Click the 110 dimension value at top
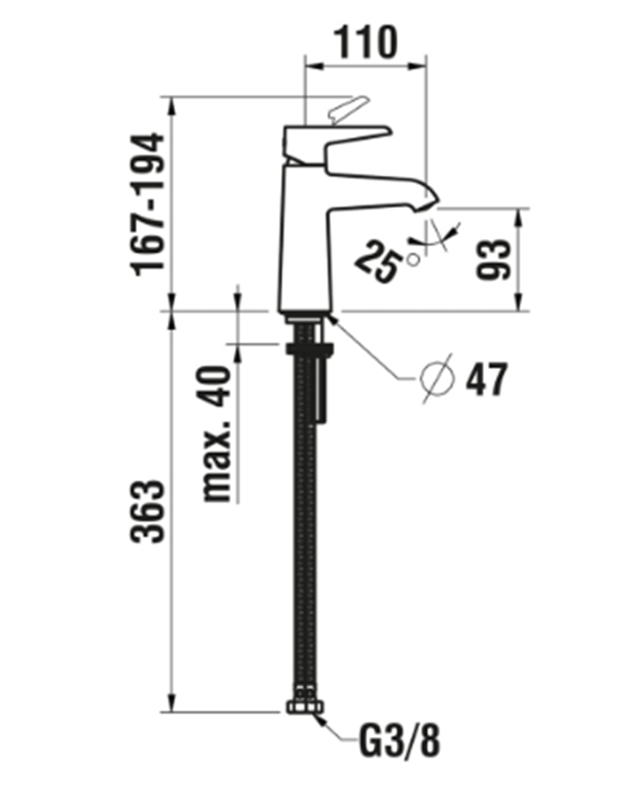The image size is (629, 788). [367, 44]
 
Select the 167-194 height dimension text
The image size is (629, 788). [147, 203]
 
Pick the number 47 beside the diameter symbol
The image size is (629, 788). [486, 380]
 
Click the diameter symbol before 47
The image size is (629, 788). [437, 380]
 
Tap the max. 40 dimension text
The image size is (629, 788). [218, 433]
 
